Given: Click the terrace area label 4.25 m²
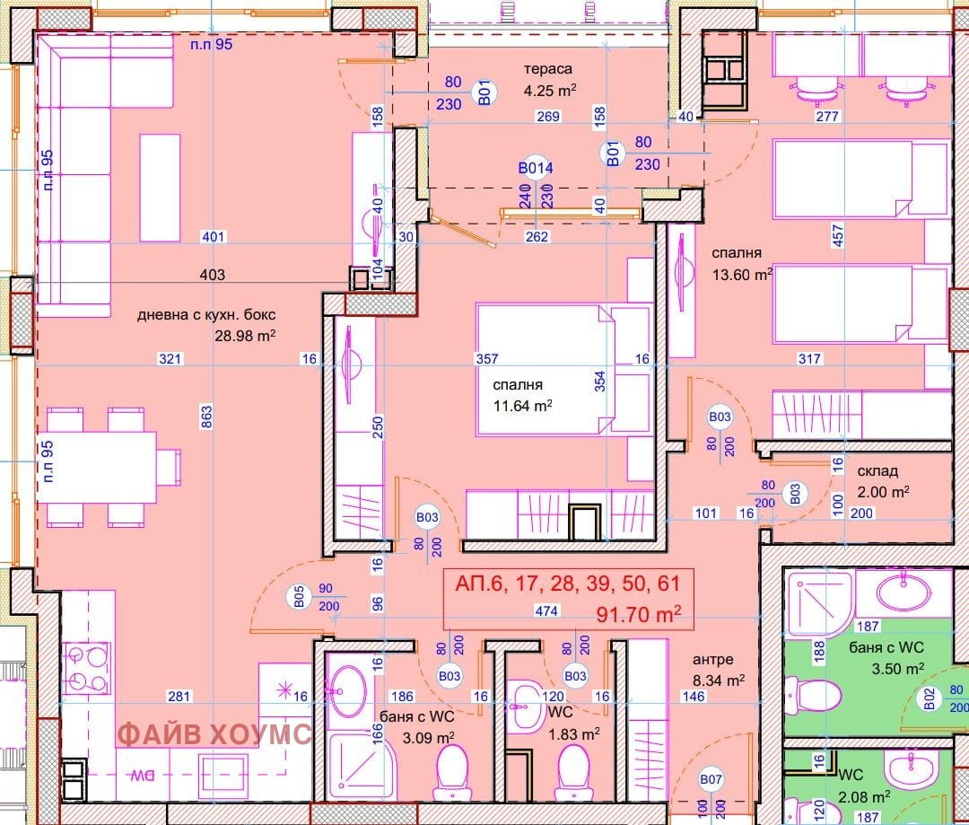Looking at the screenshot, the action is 550,91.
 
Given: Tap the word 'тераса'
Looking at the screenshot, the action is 548,68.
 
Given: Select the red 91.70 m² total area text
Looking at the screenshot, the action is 639,614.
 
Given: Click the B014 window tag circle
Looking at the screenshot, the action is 535,168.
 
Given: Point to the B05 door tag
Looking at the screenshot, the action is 299,597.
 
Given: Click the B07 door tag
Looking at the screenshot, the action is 711,779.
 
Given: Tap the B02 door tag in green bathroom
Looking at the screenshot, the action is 930,698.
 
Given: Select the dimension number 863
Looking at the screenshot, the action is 206,417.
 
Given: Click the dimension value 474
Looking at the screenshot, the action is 546,611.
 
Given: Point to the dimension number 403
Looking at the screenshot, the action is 212,275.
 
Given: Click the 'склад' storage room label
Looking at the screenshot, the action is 877,470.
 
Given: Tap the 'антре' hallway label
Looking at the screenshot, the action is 712,659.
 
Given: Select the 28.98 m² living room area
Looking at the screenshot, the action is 245,336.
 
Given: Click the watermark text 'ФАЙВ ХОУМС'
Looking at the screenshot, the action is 214,734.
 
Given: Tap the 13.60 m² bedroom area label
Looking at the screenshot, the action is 742,274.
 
